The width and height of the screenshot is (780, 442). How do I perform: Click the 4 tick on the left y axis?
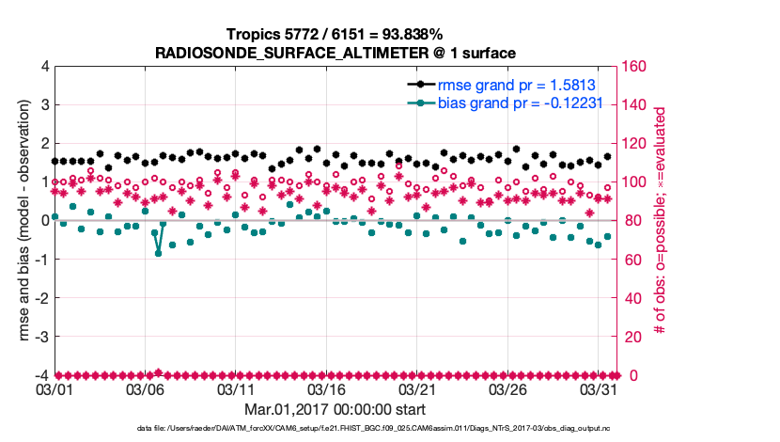coord(43,67)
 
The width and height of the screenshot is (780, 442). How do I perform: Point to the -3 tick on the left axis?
coord(40,337)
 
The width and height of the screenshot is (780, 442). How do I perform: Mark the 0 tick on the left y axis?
coord(43,221)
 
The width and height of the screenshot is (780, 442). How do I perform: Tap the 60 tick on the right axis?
coord(631,260)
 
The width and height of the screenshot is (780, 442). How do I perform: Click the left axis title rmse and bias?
coord(16,221)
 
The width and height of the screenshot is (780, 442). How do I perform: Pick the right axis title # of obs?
coord(660,221)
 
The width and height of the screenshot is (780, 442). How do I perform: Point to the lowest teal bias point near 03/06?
coord(158,253)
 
